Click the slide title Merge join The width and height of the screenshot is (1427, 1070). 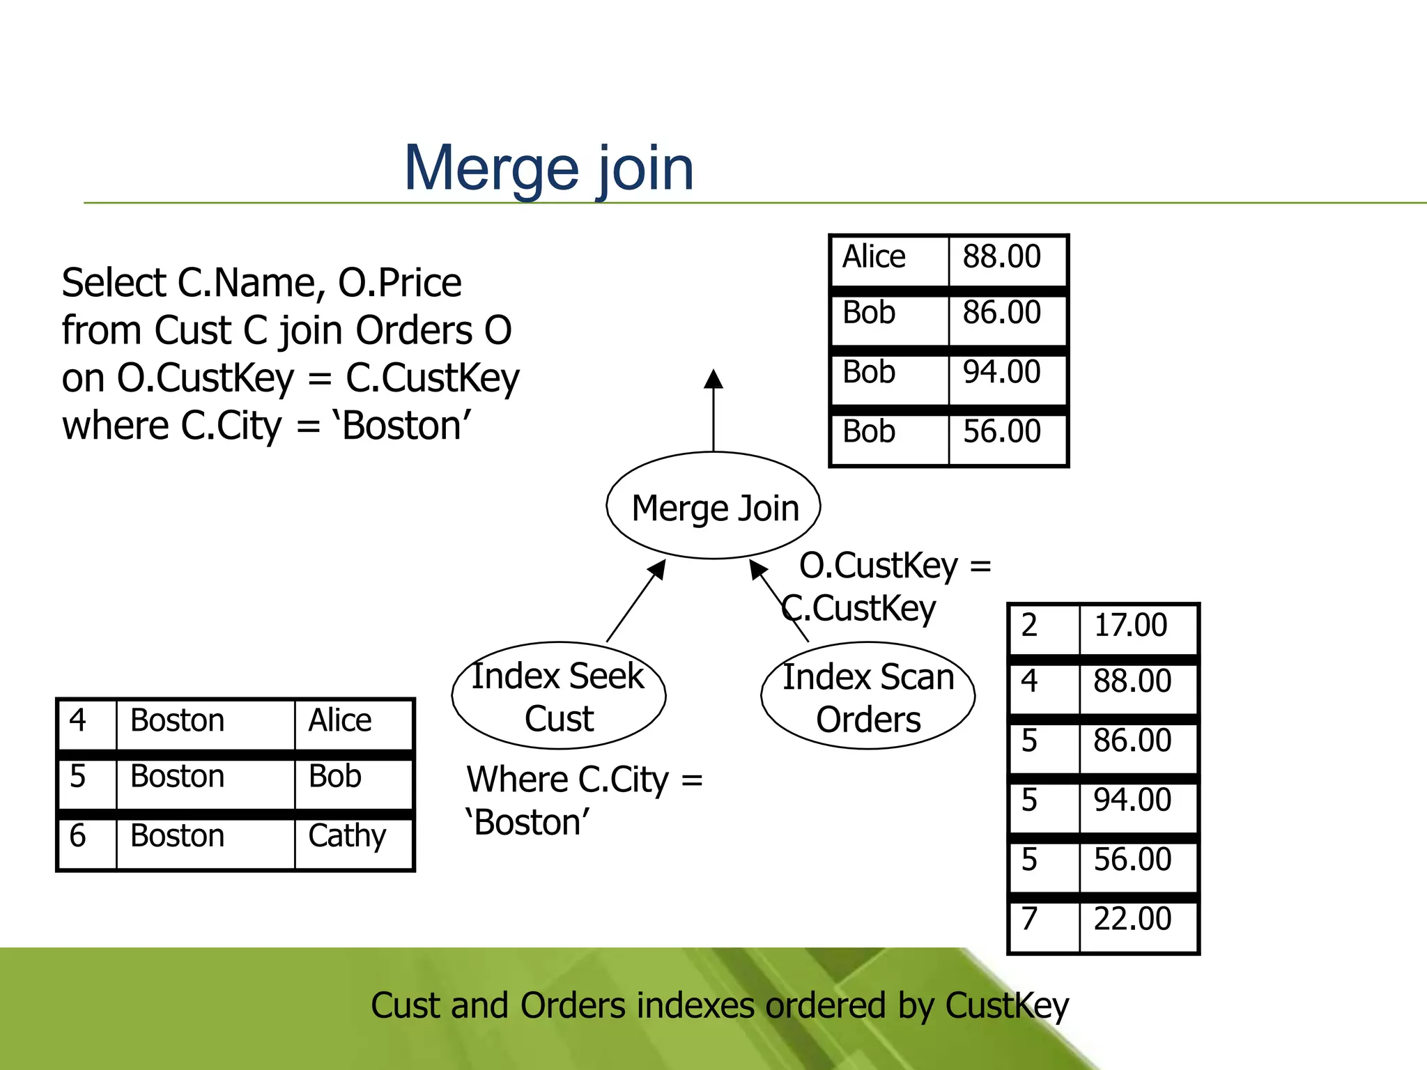(x=549, y=169)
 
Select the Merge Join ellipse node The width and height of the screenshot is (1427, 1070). (x=713, y=506)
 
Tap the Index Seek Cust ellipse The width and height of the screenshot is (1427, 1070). (x=559, y=696)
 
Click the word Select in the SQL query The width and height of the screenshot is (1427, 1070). (x=114, y=284)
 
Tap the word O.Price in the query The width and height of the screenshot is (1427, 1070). (x=399, y=284)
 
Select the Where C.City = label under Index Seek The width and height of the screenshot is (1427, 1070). (x=584, y=780)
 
